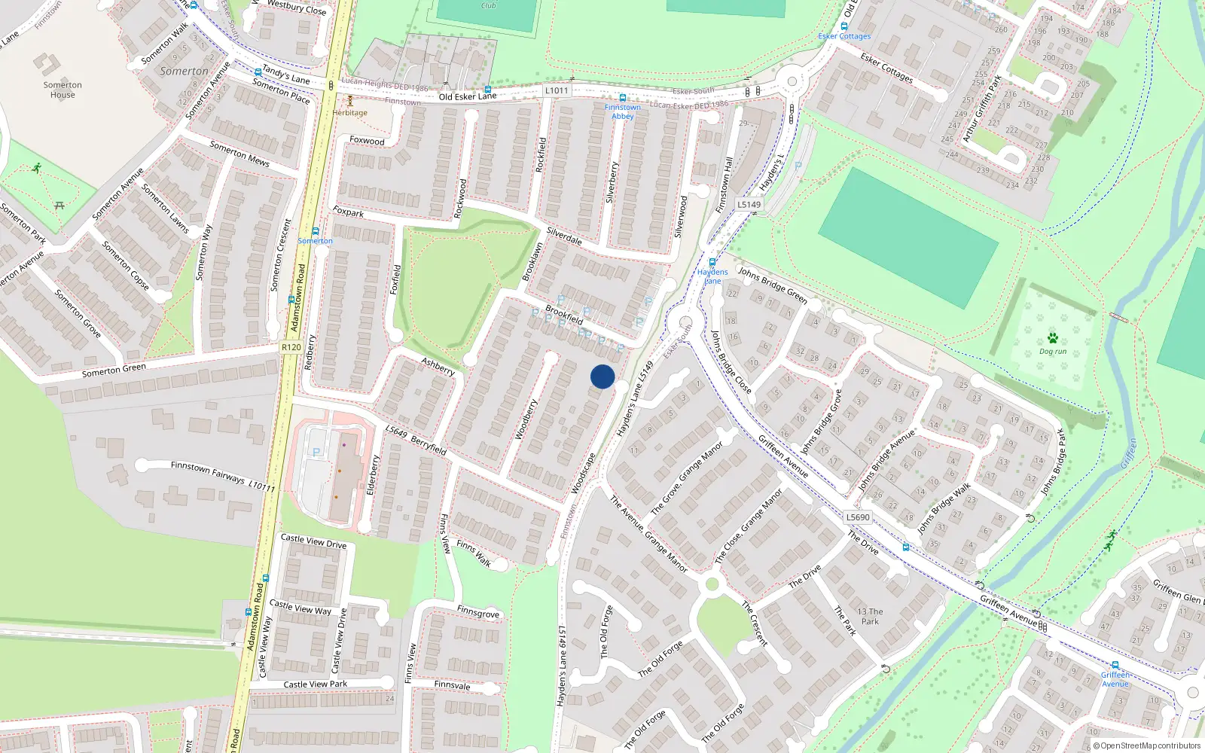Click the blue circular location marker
pyautogui.click(x=602, y=376)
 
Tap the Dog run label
pyautogui.click(x=1053, y=352)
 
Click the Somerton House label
pyautogui.click(x=63, y=90)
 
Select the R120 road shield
pyautogui.click(x=291, y=347)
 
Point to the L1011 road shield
pyautogui.click(x=557, y=90)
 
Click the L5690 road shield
pyautogui.click(x=857, y=517)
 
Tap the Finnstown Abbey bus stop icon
pyautogui.click(x=622, y=98)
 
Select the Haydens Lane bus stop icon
pyautogui.click(x=712, y=263)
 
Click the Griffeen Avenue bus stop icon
pyautogui.click(x=1115, y=666)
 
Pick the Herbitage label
pyautogui.click(x=350, y=113)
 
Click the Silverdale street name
pyautogui.click(x=564, y=236)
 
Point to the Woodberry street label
pyautogui.click(x=526, y=419)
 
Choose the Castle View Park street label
pyautogui.click(x=316, y=684)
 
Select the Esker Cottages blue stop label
pyautogui.click(x=844, y=36)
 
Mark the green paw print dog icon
pyautogui.click(x=1053, y=338)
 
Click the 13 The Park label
pyautogui.click(x=870, y=617)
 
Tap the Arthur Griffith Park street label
pyautogui.click(x=982, y=108)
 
